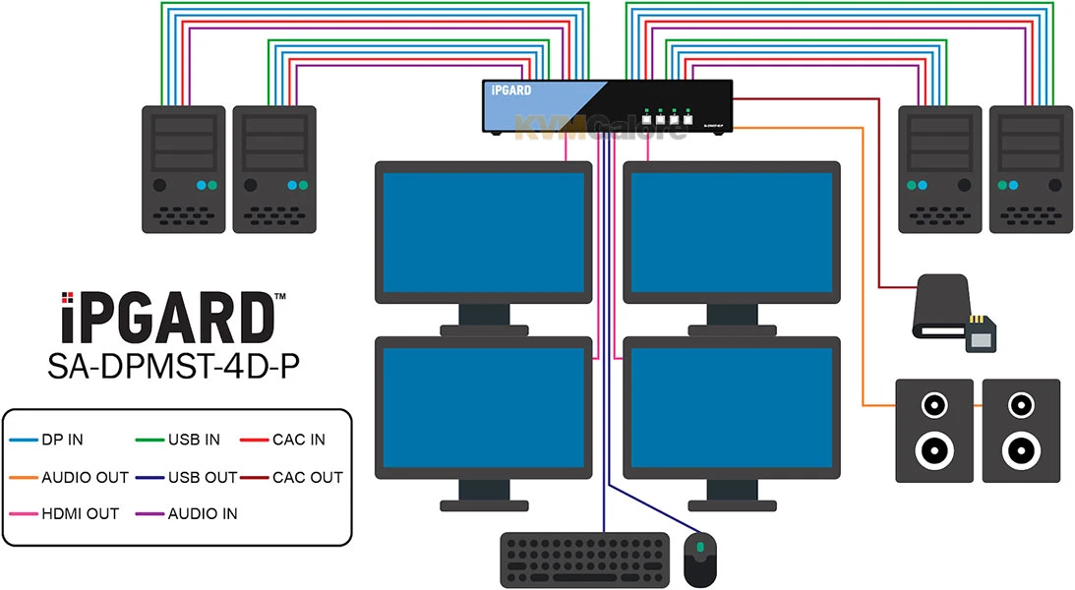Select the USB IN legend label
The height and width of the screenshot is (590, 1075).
pyautogui.click(x=194, y=441)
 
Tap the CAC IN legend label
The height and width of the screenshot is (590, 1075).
pyautogui.click(x=299, y=441)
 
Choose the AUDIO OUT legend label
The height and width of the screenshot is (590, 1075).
pyautogui.click(x=86, y=478)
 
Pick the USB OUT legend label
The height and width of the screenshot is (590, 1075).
pyautogui.click(x=203, y=478)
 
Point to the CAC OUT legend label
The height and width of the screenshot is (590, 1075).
pyautogui.click(x=308, y=478)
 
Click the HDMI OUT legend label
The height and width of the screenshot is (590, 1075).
pyautogui.click(x=81, y=514)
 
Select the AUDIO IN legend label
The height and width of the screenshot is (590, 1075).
pyautogui.click(x=203, y=514)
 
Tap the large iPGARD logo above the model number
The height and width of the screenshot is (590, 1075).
pyautogui.click(x=167, y=317)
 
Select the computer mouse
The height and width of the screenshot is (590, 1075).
pyautogui.click(x=700, y=560)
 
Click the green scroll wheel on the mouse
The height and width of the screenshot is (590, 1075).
pyautogui.click(x=700, y=548)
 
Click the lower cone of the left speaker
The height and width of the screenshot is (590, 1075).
pyautogui.click(x=934, y=451)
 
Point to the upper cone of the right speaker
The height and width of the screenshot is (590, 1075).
pyautogui.click(x=1021, y=404)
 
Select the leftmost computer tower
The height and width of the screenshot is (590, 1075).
pyautogui.click(x=182, y=169)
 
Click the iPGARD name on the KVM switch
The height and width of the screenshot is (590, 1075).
pyautogui.click(x=511, y=90)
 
